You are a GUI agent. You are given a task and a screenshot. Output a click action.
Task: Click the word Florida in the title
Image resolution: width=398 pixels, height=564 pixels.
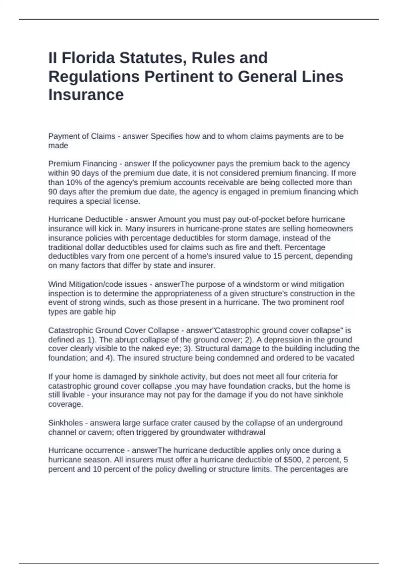[x=88, y=58]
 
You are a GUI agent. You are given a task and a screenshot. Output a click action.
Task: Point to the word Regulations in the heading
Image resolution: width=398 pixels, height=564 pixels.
[x=94, y=77]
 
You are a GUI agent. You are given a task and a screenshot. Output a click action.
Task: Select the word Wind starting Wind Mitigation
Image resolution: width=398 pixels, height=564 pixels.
[x=57, y=284]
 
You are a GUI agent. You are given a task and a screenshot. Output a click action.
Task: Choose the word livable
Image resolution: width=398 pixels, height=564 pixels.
[x=71, y=395]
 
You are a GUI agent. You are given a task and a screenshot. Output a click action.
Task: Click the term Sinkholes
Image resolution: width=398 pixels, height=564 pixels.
[x=65, y=423]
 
